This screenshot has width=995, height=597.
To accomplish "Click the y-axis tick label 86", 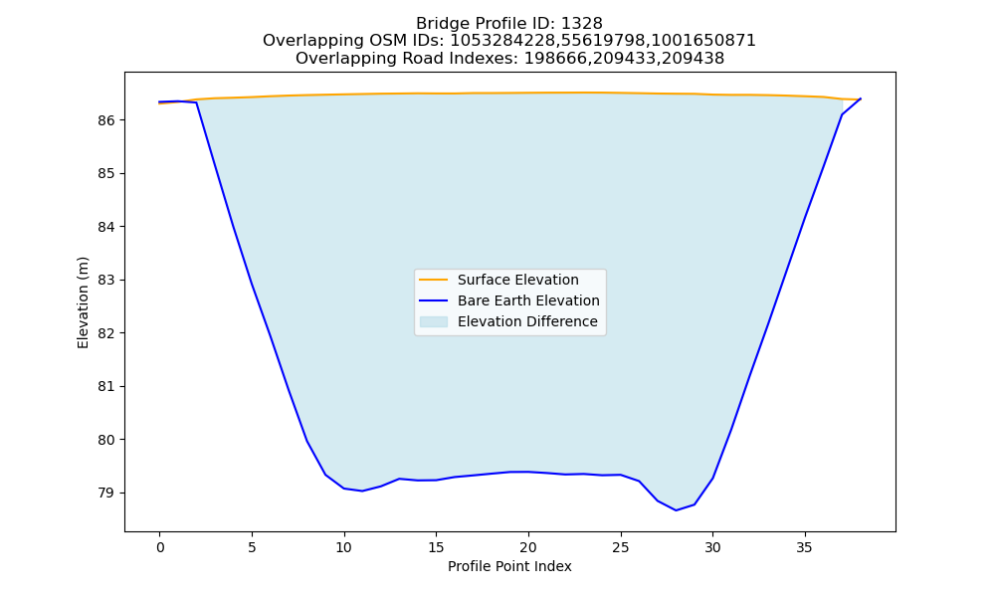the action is pyautogui.click(x=106, y=120).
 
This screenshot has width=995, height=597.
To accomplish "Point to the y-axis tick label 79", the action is pyautogui.click(x=106, y=493).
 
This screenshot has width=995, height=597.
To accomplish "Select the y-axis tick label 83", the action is pyautogui.click(x=106, y=281).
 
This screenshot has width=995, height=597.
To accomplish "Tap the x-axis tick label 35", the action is pyautogui.click(x=805, y=547).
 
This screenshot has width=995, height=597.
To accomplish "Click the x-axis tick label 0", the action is pyautogui.click(x=160, y=547).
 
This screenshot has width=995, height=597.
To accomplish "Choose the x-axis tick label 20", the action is pyautogui.click(x=528, y=547).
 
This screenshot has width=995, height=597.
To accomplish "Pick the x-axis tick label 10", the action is pyautogui.click(x=344, y=547).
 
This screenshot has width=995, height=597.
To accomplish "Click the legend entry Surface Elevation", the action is pyautogui.click(x=517, y=280).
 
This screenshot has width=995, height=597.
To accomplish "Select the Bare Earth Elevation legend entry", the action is pyautogui.click(x=528, y=300).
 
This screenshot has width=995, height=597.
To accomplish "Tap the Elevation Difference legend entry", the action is pyautogui.click(x=527, y=321).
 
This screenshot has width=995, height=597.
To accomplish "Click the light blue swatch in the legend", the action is pyautogui.click(x=434, y=321).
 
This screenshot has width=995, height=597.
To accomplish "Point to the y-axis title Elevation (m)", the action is pyautogui.click(x=83, y=302).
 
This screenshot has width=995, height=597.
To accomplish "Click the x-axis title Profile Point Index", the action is pyautogui.click(x=509, y=566).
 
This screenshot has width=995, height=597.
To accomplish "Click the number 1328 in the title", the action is pyautogui.click(x=582, y=24).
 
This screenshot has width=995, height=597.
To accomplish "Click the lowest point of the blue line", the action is pyautogui.click(x=676, y=510).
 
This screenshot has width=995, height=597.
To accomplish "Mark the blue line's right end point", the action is pyautogui.click(x=861, y=99).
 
